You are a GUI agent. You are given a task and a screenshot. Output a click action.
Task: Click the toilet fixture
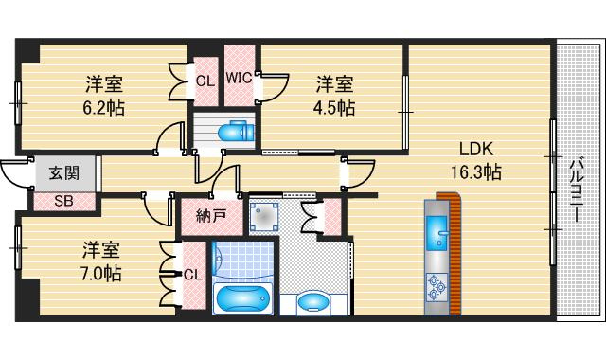[x=236, y=132]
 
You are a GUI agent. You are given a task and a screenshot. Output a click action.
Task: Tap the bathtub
[x=242, y=297]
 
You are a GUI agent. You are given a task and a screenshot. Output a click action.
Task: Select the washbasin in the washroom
[x=313, y=302]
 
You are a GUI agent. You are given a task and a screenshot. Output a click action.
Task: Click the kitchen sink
[x=437, y=233]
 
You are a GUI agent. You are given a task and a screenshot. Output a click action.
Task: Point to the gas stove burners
[x=437, y=287]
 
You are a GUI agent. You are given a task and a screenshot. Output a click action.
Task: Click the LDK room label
[x=476, y=149]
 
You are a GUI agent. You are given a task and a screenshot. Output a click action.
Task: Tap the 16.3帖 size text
[x=476, y=171]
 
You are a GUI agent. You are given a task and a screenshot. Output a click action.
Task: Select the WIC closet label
[x=239, y=78]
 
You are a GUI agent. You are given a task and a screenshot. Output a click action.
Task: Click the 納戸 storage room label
[x=211, y=216]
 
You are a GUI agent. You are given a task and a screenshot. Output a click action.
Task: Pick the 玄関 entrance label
[x=64, y=172]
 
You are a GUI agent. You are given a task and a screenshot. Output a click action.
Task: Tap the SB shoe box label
[x=63, y=201]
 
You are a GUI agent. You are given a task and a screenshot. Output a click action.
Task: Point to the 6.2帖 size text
[x=103, y=108]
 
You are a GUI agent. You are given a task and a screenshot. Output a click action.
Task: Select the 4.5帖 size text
[x=334, y=108]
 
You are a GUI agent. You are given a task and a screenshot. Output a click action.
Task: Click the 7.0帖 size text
[x=100, y=274]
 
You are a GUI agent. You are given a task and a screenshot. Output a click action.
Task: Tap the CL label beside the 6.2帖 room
[x=205, y=81]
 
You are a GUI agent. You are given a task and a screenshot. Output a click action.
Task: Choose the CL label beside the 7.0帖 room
[x=193, y=275]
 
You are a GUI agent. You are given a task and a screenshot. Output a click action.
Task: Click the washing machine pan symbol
[x=264, y=217]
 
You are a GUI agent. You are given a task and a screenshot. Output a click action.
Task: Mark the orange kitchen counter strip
[x=455, y=252]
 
